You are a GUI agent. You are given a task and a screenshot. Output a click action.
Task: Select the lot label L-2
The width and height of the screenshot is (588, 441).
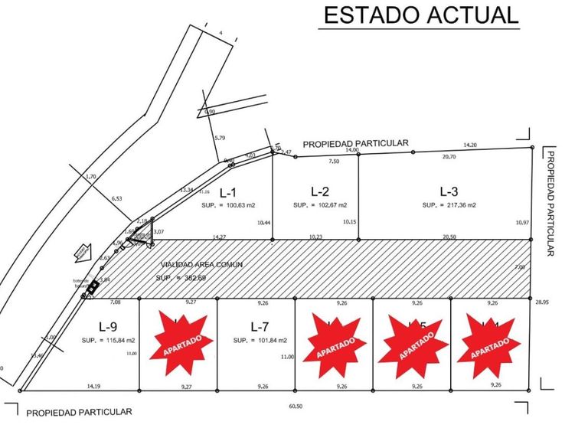320,191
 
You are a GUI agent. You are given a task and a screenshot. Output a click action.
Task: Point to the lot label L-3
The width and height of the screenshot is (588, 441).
449,191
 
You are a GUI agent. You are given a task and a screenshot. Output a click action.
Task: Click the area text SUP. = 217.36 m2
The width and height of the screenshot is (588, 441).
449,205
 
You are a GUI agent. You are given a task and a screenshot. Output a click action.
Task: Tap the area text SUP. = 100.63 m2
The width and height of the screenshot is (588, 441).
228,205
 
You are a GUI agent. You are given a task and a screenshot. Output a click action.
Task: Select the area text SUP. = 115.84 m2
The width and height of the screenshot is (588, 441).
108,339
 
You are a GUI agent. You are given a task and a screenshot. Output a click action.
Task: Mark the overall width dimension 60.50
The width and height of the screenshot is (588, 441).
294,407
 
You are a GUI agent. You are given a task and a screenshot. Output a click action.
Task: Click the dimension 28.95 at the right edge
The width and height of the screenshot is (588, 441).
543,303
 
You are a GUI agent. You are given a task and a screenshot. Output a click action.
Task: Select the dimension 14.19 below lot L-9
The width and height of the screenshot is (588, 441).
93,387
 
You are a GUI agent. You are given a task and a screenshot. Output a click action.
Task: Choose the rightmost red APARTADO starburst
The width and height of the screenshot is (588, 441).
488,345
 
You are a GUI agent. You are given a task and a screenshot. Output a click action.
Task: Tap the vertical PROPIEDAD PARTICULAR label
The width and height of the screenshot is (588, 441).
550,204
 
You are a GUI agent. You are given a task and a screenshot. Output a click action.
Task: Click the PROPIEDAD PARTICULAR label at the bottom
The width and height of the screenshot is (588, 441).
79,413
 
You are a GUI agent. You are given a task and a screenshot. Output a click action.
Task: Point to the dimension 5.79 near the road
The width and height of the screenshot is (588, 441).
220,138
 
